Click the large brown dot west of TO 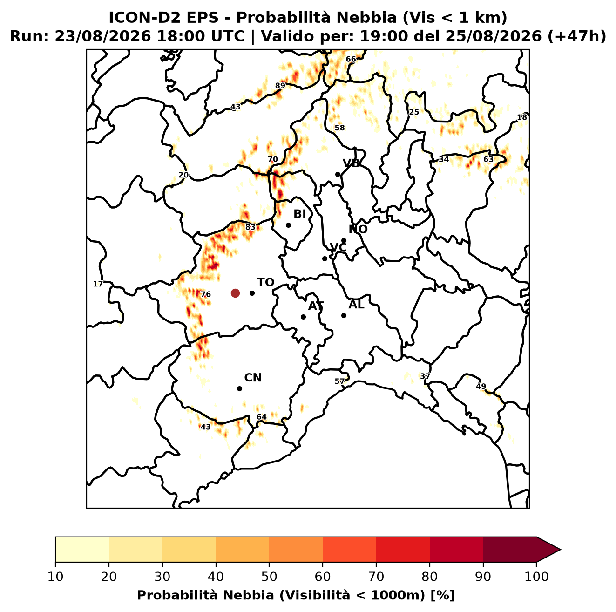[x=235, y=292]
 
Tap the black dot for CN [x=239, y=388]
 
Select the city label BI [x=299, y=214]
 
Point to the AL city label [x=356, y=305]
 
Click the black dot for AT [x=303, y=317]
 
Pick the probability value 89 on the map [x=280, y=85]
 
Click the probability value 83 [x=250, y=227]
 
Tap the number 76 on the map [x=205, y=294]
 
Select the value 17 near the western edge [x=98, y=284]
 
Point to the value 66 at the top [x=351, y=59]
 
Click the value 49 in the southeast [x=481, y=386]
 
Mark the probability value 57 [x=339, y=381]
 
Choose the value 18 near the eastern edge [x=521, y=117]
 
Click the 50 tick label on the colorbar [x=269, y=577]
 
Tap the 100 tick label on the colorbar [x=536, y=577]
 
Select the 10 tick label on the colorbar [x=55, y=577]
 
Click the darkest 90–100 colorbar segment [x=509, y=550]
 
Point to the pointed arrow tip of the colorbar [x=560, y=550]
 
